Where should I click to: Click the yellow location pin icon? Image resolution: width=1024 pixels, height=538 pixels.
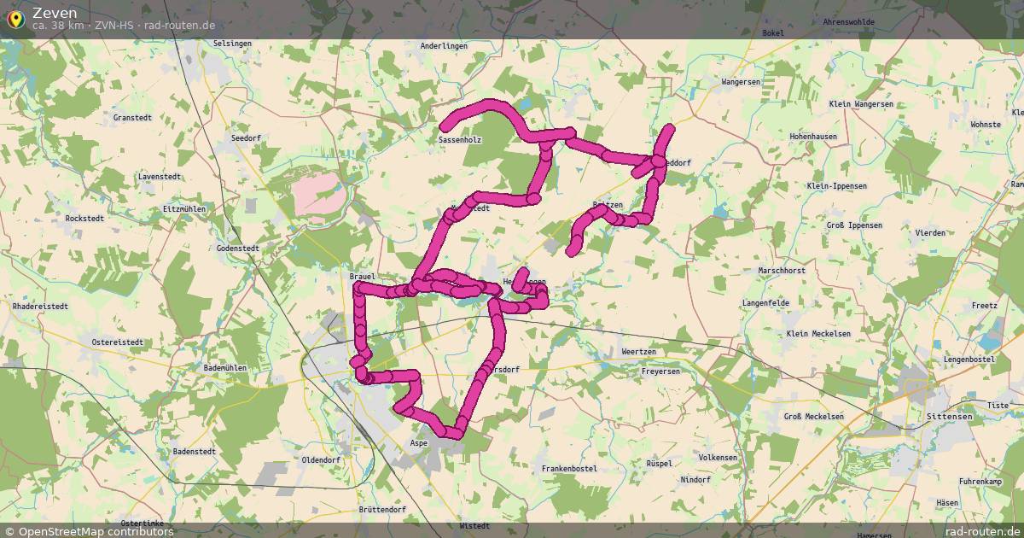(x=15, y=18)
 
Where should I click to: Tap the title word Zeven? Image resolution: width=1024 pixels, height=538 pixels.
(x=55, y=12)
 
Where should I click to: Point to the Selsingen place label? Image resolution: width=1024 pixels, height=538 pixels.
(x=232, y=43)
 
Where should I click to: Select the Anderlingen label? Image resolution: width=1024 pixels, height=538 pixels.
(x=445, y=46)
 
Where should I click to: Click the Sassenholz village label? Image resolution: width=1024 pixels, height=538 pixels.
(x=460, y=139)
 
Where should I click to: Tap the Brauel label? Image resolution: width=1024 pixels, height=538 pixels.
(x=362, y=277)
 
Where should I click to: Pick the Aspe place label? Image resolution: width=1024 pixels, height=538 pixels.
(x=418, y=444)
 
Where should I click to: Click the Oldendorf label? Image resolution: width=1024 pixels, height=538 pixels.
(x=321, y=459)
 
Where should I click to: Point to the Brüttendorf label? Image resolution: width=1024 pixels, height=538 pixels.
(x=381, y=509)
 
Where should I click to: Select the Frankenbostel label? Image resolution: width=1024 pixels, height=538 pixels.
(x=569, y=469)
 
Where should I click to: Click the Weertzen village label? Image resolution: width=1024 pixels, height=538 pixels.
(x=639, y=352)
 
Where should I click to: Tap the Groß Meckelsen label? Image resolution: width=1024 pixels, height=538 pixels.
(x=813, y=417)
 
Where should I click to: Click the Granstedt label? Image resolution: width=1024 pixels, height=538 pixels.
(x=132, y=118)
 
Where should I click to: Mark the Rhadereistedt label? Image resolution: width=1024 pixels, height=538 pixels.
(x=40, y=306)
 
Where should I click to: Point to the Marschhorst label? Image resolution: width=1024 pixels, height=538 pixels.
(x=781, y=271)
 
